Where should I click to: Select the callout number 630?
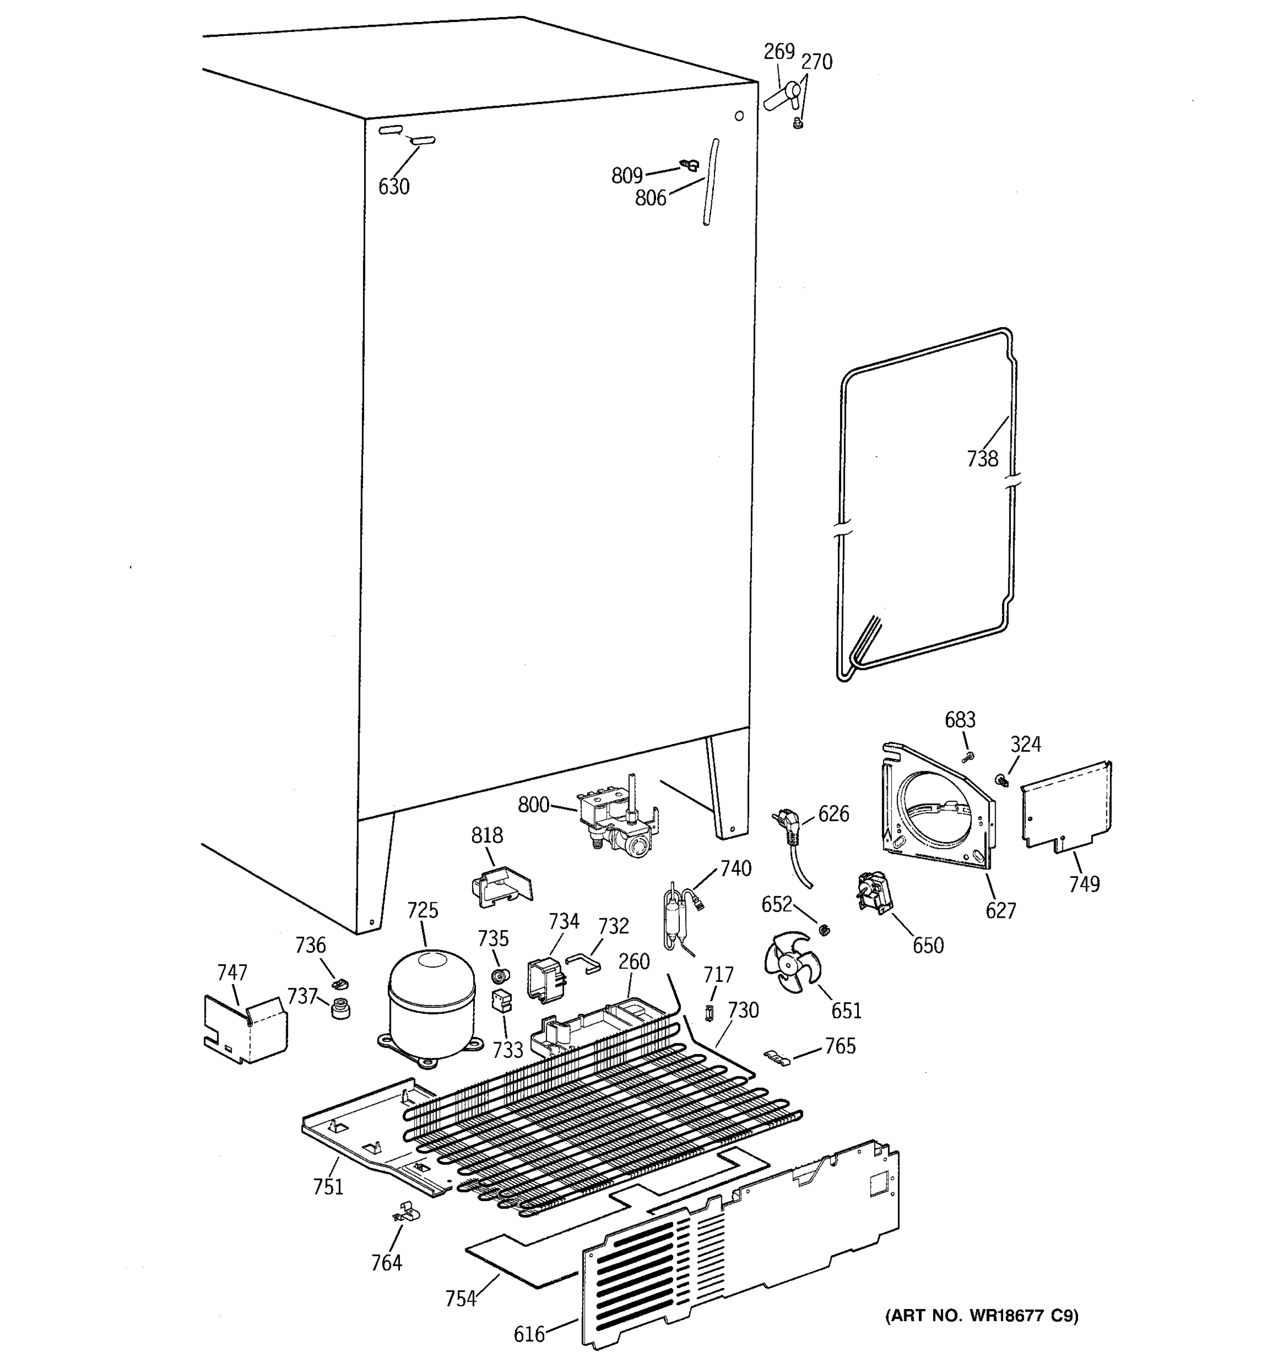pos(394,186)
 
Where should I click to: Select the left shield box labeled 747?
pos(244,1028)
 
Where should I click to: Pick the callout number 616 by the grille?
pos(529,1333)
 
